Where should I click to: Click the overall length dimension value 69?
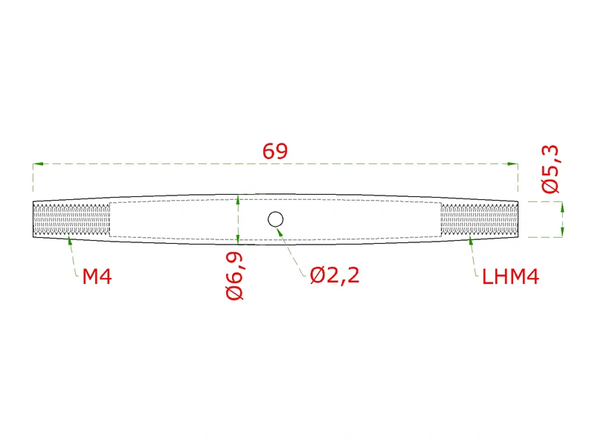coord(274,152)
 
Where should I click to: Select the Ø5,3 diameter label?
coord(551,170)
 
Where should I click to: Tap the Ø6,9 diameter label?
coord(235,276)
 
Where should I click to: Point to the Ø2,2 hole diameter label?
coord(335,276)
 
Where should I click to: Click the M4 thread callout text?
coord(97,277)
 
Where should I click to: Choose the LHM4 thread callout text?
coord(510,277)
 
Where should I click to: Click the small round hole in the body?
coord(275,219)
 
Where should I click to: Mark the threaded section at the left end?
coord(71,220)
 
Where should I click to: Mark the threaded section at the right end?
coord(477,220)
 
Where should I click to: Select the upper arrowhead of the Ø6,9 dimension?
coord(238,199)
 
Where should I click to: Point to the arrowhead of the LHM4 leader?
coord(470,240)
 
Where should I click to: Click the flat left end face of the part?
coord(33,220)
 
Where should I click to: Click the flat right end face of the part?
coord(517,220)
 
